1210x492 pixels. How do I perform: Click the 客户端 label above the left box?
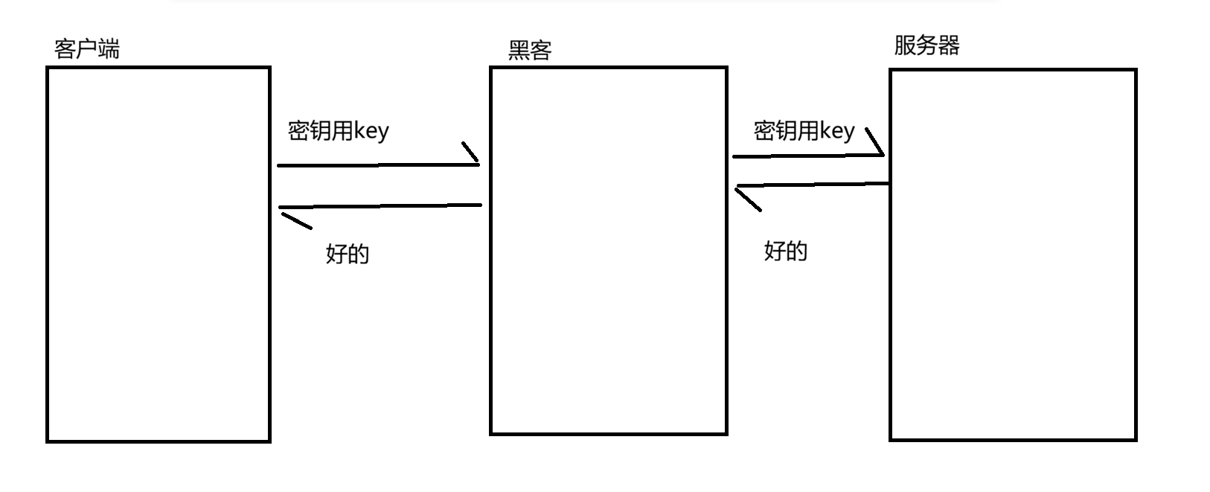(87, 49)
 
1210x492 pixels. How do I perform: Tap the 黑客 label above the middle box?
(529, 51)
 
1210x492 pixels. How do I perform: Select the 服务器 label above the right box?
(926, 45)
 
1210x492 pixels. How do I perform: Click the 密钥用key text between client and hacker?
(338, 131)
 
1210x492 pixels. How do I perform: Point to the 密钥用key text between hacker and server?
(804, 131)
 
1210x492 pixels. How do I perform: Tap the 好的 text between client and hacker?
(348, 254)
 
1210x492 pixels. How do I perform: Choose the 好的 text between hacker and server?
(786, 251)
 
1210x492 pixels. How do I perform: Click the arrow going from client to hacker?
(378, 164)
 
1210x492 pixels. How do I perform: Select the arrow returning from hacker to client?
(380, 205)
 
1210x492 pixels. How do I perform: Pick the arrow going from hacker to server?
(807, 156)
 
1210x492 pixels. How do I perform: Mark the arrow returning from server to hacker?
(811, 185)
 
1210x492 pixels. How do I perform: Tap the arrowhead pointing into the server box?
(875, 141)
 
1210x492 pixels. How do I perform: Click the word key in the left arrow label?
(371, 132)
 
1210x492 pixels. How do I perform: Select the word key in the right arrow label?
(837, 132)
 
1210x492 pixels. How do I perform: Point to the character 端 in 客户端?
(109, 49)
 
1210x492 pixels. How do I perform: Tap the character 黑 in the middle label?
(519, 51)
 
